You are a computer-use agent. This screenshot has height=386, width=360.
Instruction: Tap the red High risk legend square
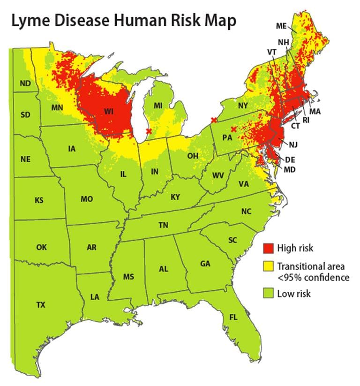pyautogui.click(x=268, y=248)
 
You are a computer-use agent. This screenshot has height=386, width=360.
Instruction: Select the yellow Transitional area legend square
pyautogui.click(x=268, y=266)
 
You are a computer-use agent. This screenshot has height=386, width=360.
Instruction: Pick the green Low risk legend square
pyautogui.click(x=268, y=294)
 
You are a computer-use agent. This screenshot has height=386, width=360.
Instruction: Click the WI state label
pyautogui.click(x=109, y=111)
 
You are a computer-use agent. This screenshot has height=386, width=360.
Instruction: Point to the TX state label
pyautogui.click(x=41, y=305)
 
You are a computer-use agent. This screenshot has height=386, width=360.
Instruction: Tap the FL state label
pyautogui.click(x=233, y=318)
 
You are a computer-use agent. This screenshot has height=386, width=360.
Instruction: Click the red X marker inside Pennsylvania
pyautogui.click(x=233, y=129)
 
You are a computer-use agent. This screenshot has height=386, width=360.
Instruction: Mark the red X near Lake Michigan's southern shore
pyautogui.click(x=149, y=131)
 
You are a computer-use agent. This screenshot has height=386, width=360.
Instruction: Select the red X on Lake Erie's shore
pyautogui.click(x=214, y=120)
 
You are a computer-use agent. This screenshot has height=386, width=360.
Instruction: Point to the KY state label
pyautogui.click(x=175, y=197)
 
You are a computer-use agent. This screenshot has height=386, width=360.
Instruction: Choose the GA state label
pyautogui.click(x=205, y=264)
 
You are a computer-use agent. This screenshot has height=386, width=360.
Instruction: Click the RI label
pyautogui.click(x=306, y=120)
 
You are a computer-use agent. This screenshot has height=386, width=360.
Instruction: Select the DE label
pyautogui.click(x=290, y=159)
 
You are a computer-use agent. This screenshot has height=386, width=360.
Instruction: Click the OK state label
pyautogui.click(x=41, y=247)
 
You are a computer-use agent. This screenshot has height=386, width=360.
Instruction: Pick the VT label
pyautogui.click(x=271, y=52)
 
